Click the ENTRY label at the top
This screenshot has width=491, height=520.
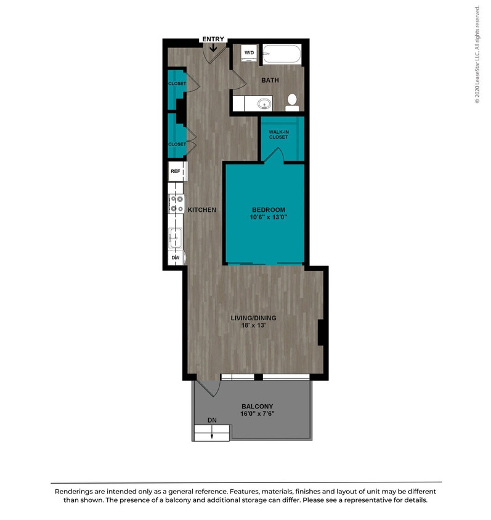pyautogui.click(x=213, y=39)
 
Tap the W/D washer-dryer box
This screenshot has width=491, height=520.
pyautogui.click(x=249, y=54)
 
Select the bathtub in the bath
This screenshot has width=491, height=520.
pyautogui.click(x=282, y=55)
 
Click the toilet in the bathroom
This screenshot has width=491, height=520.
pyautogui.click(x=293, y=102)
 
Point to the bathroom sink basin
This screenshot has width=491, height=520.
pyautogui.click(x=264, y=104)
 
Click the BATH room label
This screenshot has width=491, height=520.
pyautogui.click(x=270, y=81)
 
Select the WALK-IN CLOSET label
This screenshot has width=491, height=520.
pyautogui.click(x=278, y=134)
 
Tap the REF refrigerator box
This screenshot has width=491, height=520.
pyautogui.click(x=176, y=171)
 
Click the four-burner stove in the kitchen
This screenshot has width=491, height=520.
pyautogui.click(x=176, y=203)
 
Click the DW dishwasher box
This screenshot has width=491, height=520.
pyautogui.click(x=176, y=258)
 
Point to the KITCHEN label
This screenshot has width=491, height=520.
pyautogui.click(x=202, y=210)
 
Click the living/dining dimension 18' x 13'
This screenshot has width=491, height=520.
pyautogui.click(x=253, y=326)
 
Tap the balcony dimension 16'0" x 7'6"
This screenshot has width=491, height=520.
pyautogui.click(x=257, y=414)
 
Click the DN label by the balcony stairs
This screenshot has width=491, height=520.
pyautogui.click(x=212, y=420)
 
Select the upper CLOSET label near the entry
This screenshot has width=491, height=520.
pyautogui.click(x=177, y=84)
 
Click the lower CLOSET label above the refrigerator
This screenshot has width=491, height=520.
pyautogui.click(x=177, y=144)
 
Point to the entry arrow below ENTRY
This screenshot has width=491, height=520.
pyautogui.click(x=213, y=49)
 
